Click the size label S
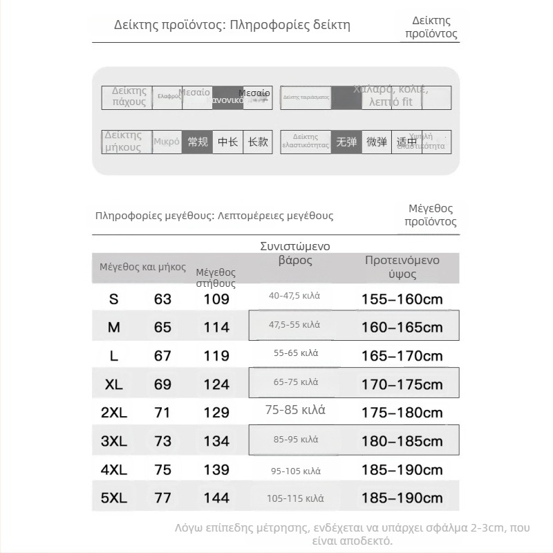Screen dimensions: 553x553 (114, 299)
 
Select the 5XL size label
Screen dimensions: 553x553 (114, 498)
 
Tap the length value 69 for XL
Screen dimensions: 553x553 (162, 384)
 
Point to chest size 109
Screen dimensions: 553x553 (216, 299)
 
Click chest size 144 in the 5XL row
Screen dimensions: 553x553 (216, 498)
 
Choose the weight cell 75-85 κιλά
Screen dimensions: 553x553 (295, 410)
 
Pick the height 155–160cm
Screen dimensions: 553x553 (402, 299)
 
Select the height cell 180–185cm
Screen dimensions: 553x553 (402, 441)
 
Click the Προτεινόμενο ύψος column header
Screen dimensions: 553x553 (402, 267)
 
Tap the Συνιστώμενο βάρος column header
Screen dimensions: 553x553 (295, 253)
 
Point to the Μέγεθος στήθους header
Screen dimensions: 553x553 (216, 278)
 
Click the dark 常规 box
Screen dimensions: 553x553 (198, 142)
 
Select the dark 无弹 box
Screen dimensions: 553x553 (346, 142)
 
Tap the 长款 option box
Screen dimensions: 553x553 (258, 142)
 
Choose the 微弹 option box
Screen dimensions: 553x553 (377, 142)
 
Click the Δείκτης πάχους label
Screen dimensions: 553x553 (129, 97)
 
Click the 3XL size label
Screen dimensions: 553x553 (114, 441)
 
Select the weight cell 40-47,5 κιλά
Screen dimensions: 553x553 (295, 296)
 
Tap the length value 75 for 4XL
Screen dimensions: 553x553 (162, 470)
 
